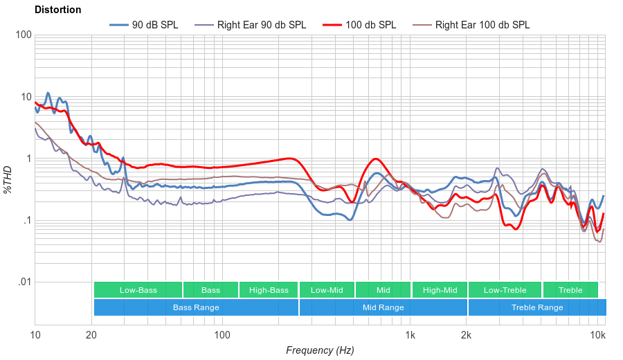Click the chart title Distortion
point(57,10)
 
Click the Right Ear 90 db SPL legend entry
point(261,25)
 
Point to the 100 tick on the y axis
point(23,35)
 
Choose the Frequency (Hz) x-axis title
point(320,350)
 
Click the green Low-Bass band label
point(138,290)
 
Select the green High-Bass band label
point(269,290)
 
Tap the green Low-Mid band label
point(327,290)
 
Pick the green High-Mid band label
point(440,290)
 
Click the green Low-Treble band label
point(505,290)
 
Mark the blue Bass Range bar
point(196,307)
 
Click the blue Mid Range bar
point(383,307)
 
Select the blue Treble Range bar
point(536,307)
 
